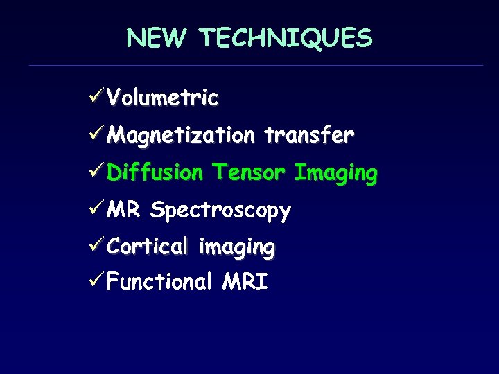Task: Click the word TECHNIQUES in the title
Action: (x=287, y=38)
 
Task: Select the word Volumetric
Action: (x=164, y=98)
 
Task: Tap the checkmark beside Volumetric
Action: (x=98, y=97)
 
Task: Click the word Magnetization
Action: (x=182, y=135)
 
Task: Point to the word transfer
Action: (x=309, y=134)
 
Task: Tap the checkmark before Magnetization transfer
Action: (x=98, y=134)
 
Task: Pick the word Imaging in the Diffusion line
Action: (x=336, y=172)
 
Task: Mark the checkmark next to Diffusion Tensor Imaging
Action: (x=98, y=171)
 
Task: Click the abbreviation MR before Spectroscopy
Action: (x=125, y=208)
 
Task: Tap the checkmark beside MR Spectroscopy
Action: (x=98, y=208)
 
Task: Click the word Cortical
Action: (x=148, y=245)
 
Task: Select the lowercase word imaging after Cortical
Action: (x=237, y=247)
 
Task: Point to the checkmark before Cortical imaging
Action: (x=98, y=245)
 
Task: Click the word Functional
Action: (x=160, y=282)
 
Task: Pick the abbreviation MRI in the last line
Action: (x=245, y=282)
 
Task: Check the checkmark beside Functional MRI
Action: (x=98, y=282)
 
